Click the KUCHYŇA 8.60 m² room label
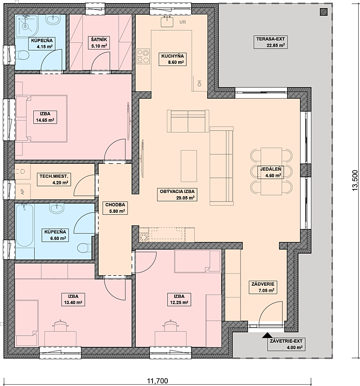point(172,59)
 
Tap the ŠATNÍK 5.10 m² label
point(99,43)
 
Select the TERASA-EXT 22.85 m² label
point(270,42)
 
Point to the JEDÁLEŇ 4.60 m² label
point(270,172)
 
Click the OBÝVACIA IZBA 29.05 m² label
point(177,194)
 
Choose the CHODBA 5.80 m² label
point(115,208)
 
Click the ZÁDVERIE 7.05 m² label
point(263,287)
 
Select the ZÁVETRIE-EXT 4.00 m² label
point(286,345)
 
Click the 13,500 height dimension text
point(355,180)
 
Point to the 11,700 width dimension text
point(157,381)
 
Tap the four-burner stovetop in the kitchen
point(143,56)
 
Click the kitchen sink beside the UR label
point(167,21)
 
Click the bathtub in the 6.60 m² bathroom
point(25,225)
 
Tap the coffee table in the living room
point(189,166)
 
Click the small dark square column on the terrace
point(324,12)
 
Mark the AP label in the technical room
point(23,192)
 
